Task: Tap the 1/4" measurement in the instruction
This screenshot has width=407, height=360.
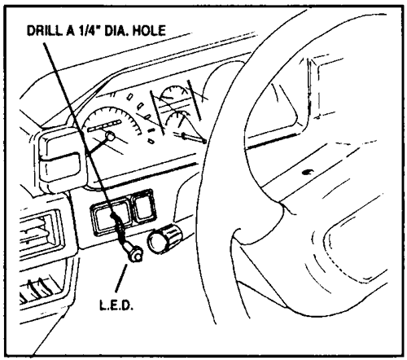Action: point(87,30)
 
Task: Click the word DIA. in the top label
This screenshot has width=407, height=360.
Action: point(116,30)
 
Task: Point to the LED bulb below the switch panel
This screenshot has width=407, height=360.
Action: point(135,255)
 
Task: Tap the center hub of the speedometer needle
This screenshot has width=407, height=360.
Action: point(110,136)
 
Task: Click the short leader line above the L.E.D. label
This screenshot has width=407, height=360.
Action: point(121,278)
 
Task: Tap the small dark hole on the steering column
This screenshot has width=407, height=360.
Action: point(306,172)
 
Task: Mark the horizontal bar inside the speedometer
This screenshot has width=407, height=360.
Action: point(103,126)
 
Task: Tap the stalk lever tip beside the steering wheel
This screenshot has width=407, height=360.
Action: point(203,140)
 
